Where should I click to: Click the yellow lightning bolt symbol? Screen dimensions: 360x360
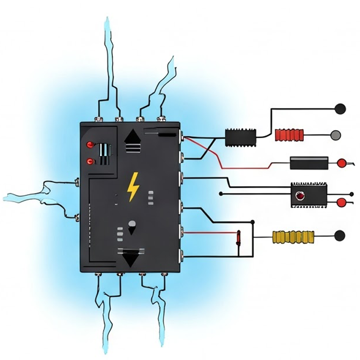point(132,187)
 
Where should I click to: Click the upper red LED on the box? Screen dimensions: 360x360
point(89,144)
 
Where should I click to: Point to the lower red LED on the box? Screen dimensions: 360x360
point(89,162)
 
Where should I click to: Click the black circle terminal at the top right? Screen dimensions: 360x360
point(340,108)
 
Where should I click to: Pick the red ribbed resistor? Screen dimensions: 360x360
point(289,135)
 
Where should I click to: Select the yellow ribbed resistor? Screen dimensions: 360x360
point(293,236)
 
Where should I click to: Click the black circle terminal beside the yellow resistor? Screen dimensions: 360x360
point(339,236)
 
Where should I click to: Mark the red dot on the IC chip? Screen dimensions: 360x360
point(300,196)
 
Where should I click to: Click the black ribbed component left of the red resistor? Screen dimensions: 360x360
point(240,137)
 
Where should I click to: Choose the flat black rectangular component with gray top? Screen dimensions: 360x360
point(309,163)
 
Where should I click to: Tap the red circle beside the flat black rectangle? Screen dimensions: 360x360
point(341,163)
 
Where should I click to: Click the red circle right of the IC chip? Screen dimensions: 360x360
point(341,203)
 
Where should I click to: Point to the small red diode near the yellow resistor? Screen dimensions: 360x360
point(239,237)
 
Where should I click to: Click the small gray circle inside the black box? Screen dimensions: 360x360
point(132,224)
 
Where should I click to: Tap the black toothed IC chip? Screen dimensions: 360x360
point(309,195)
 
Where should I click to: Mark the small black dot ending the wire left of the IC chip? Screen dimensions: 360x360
point(220,194)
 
